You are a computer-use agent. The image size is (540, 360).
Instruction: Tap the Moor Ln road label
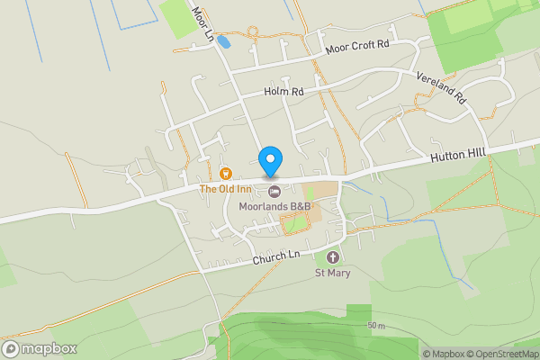(x=203, y=23)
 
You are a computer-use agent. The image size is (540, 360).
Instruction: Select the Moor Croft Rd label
(x=357, y=46)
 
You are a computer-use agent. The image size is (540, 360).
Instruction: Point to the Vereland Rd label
(x=440, y=86)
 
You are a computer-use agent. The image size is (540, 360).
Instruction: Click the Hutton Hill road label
(x=457, y=157)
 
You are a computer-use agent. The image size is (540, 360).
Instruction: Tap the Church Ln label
(x=275, y=256)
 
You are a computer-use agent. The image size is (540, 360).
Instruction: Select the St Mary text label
(x=332, y=273)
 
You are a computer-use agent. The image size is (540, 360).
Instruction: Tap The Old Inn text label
(x=225, y=189)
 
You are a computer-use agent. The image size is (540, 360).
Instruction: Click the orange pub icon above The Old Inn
(x=225, y=173)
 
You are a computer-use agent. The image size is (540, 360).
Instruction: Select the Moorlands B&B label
(x=274, y=206)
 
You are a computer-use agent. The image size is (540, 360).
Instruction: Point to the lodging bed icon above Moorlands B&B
(x=274, y=191)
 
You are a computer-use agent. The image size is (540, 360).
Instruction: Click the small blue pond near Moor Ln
(x=223, y=41)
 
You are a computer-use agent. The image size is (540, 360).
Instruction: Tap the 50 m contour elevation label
(x=376, y=325)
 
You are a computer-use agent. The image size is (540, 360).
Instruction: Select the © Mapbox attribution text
(x=446, y=354)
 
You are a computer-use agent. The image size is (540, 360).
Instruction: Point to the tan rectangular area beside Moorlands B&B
(x=321, y=193)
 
